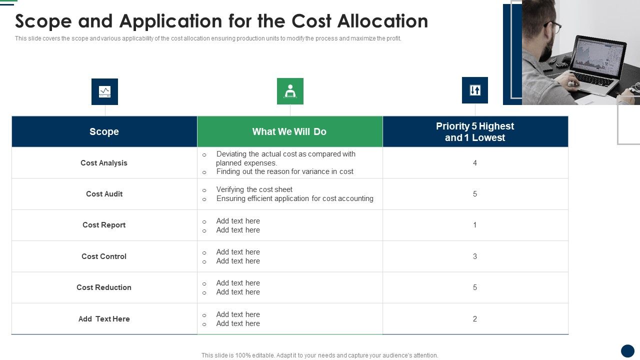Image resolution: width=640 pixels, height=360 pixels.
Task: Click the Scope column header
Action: [104, 131]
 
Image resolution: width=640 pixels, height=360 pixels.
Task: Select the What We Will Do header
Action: [289, 131]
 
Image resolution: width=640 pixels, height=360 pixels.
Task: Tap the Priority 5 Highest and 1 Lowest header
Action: [475, 132]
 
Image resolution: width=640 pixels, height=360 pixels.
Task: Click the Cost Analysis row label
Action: [104, 163]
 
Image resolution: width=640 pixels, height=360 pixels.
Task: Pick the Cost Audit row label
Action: [104, 194]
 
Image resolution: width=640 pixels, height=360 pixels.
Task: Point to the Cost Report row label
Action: [104, 225]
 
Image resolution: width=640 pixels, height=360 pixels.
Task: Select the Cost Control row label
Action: [104, 256]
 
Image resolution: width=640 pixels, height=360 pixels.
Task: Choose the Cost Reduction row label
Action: [104, 287]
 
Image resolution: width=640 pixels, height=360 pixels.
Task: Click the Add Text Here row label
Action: [104, 319]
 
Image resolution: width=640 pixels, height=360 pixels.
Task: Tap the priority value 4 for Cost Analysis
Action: [475, 163]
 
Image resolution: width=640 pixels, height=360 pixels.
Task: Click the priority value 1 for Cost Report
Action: [475, 225]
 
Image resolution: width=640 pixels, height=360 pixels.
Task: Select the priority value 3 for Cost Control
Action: [475, 256]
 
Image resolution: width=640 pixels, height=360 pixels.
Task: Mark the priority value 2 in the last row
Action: [475, 319]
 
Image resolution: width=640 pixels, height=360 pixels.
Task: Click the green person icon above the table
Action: [290, 91]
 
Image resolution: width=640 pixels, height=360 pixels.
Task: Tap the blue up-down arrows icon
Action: [475, 90]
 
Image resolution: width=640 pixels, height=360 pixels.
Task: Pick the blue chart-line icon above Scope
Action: [104, 91]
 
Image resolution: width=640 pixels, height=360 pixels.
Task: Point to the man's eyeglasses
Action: [553, 26]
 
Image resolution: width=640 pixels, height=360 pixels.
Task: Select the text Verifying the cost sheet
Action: [254, 189]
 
